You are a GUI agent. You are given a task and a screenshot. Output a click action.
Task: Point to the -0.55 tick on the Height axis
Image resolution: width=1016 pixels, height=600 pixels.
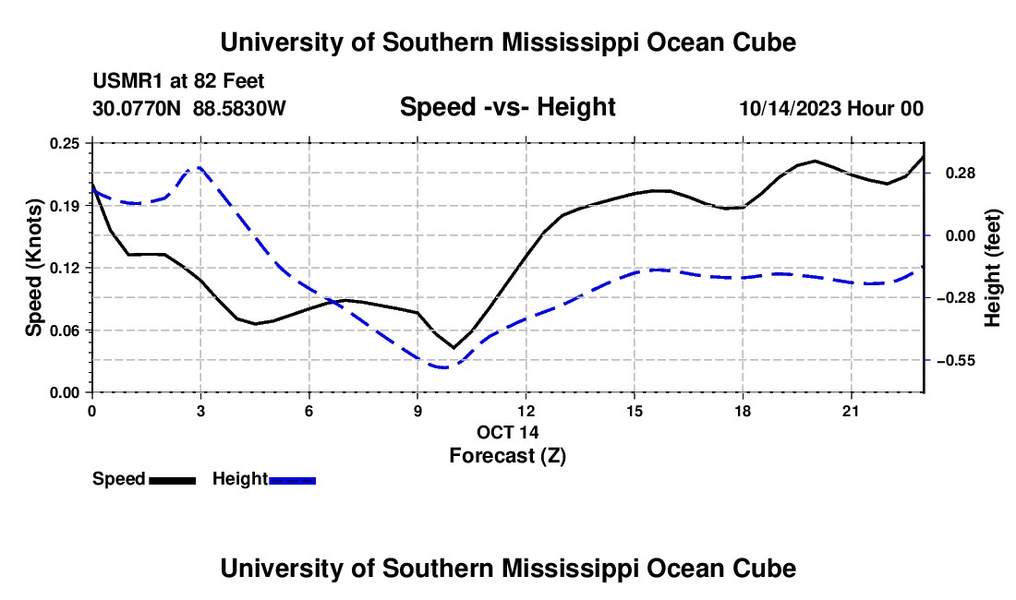pos(956,361)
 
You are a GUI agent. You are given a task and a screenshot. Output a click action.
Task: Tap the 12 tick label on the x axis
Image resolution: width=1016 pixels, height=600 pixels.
pos(526,411)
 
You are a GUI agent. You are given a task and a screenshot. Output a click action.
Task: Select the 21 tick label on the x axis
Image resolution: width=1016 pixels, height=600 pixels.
pos(850,411)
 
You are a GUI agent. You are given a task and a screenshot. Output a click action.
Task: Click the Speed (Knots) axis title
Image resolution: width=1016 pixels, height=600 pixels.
pos(33,268)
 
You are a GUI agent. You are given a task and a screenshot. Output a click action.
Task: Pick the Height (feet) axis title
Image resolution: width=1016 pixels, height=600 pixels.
pos(993,268)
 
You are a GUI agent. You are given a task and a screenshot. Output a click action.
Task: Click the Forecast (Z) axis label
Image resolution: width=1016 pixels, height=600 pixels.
pos(508,456)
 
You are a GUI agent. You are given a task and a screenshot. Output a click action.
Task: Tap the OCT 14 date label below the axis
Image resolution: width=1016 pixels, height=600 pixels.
pos(508,432)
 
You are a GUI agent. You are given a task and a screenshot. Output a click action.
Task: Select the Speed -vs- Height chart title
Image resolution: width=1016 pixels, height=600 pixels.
pos(508,107)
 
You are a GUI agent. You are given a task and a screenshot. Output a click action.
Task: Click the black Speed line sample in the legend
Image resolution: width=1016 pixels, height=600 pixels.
pos(173,480)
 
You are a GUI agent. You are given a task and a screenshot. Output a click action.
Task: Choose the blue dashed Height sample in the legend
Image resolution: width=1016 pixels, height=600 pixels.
pos(292,480)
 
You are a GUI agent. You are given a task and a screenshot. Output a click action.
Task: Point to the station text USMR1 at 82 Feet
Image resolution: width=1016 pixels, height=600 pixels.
pos(178,81)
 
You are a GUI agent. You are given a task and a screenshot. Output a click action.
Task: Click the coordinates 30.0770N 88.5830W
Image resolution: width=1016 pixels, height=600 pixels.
pos(189,108)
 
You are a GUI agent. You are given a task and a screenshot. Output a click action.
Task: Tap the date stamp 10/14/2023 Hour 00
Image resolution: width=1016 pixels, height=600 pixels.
pos(831,108)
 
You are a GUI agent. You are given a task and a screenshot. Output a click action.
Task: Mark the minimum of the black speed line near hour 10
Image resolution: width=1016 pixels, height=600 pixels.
pos(454,348)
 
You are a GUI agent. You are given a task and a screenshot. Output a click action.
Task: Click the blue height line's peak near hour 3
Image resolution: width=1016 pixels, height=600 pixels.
pos(197,168)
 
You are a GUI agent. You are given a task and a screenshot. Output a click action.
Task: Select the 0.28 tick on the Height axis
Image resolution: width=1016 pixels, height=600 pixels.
pos(961,174)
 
